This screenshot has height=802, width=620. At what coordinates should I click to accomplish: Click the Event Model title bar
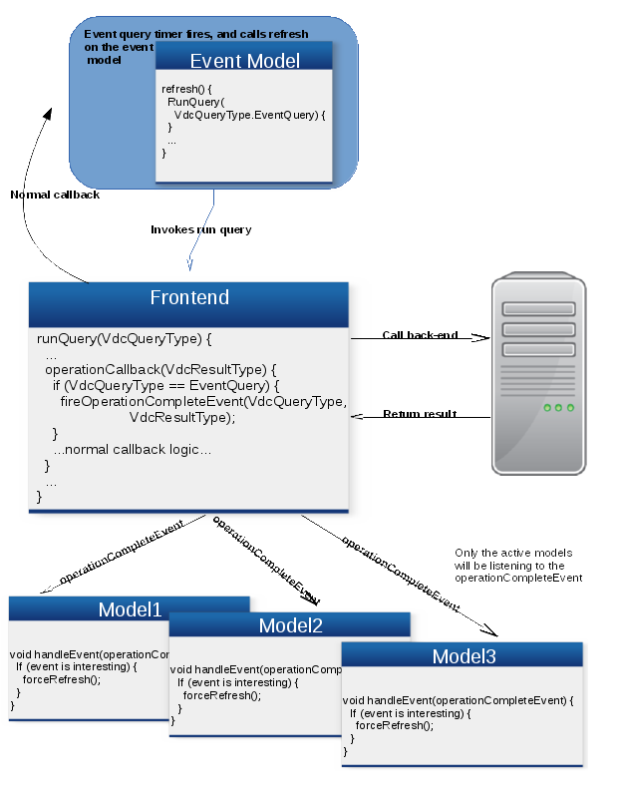(x=244, y=61)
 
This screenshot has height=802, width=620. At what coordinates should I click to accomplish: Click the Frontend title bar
(x=189, y=298)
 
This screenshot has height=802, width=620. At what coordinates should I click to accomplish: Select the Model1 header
(x=130, y=609)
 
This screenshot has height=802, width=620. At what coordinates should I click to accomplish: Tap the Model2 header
(x=290, y=626)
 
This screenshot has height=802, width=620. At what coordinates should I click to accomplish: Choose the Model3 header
(x=464, y=656)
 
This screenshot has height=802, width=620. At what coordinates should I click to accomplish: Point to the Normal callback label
(x=55, y=195)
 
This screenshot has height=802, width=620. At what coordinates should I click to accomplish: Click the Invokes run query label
(x=201, y=229)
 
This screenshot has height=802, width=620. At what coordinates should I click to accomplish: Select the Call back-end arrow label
(x=420, y=335)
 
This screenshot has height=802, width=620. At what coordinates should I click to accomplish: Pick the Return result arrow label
(x=420, y=414)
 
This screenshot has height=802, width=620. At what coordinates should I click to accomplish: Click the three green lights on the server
(x=558, y=407)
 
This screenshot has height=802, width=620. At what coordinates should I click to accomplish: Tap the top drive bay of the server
(x=539, y=308)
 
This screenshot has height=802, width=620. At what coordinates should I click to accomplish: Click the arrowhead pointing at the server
(x=483, y=337)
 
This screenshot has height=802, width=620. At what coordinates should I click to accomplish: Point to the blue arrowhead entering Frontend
(x=188, y=264)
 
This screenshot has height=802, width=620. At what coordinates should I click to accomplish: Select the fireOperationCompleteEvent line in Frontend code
(x=203, y=402)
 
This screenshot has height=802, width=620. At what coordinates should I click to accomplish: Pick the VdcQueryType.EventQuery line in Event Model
(x=249, y=115)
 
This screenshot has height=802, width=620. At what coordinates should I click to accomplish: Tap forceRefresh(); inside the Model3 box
(x=395, y=726)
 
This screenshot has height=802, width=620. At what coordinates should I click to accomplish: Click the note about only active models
(x=517, y=565)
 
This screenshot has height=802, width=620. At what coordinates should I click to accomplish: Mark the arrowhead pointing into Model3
(x=491, y=631)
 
